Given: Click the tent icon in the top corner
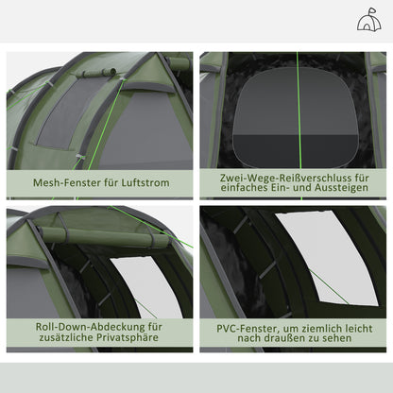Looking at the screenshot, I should (369, 22).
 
